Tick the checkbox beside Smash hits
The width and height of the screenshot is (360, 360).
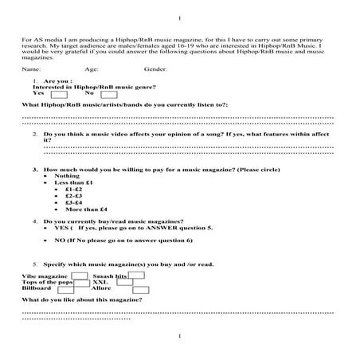click(x=137, y=276)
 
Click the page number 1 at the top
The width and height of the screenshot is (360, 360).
click(x=179, y=18)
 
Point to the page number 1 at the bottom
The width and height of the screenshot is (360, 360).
click(x=179, y=338)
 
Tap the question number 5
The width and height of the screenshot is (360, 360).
click(x=34, y=264)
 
